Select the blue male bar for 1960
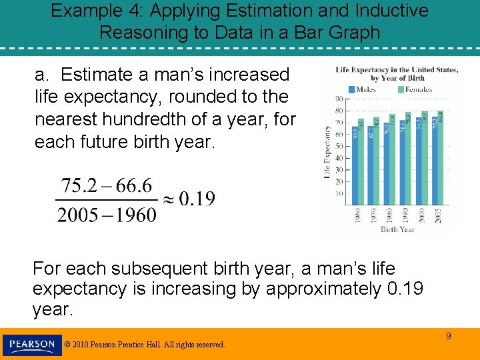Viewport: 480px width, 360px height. (355, 167)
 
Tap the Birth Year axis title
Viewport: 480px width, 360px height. (397, 229)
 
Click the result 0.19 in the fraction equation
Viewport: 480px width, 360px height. (197, 199)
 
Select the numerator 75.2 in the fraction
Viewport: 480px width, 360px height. (79, 185)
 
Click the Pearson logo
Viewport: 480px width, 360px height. (32, 345)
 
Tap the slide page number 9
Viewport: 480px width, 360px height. (449, 336)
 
